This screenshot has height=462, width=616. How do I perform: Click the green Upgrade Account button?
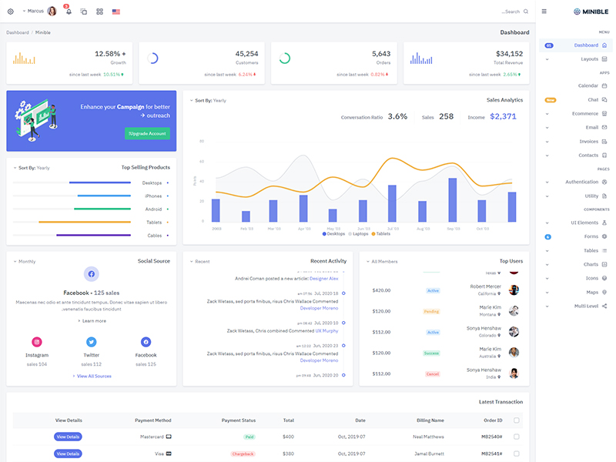pyautogui.click(x=147, y=133)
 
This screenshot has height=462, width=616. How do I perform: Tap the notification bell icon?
pyautogui.click(x=69, y=12)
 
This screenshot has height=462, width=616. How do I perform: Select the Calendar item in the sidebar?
pyautogui.click(x=588, y=85)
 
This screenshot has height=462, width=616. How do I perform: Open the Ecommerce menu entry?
pyautogui.click(x=585, y=113)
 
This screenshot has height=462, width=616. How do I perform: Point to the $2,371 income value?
pyautogui.click(x=503, y=116)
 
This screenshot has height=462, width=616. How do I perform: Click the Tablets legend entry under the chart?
pyautogui.click(x=380, y=233)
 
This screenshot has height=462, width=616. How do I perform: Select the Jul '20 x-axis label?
pyautogui.click(x=393, y=229)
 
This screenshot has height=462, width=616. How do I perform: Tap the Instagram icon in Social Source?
pyautogui.click(x=36, y=342)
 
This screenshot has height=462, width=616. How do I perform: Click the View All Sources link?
pyautogui.click(x=92, y=376)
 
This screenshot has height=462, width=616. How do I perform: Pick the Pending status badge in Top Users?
pyautogui.click(x=432, y=311)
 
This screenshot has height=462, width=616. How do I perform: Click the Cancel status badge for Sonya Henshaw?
pyautogui.click(x=432, y=373)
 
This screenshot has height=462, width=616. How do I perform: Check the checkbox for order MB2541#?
pyautogui.click(x=517, y=454)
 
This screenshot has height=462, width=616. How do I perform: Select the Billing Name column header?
pyautogui.click(x=430, y=420)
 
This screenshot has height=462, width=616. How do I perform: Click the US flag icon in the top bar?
pyautogui.click(x=116, y=12)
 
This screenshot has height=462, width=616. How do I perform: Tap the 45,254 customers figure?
pyautogui.click(x=246, y=54)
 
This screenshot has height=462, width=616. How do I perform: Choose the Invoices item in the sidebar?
pyautogui.click(x=588, y=141)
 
